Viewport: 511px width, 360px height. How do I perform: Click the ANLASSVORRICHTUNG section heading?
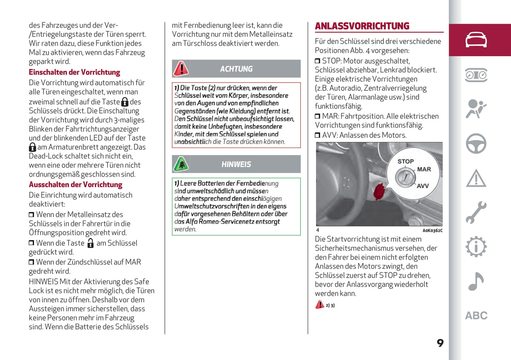pyautogui.click(x=362, y=26)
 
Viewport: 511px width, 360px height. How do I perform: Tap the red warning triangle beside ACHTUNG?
pyautogui.click(x=181, y=69)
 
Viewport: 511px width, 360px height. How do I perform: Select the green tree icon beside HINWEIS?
pyautogui.click(x=181, y=164)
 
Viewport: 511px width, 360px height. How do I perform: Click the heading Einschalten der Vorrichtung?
pyautogui.click(x=74, y=72)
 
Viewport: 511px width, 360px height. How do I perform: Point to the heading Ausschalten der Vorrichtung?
pyautogui.click(x=75, y=184)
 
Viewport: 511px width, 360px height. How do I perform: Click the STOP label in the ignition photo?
pyautogui.click(x=405, y=161)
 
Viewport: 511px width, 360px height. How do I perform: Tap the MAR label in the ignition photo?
pyautogui.click(x=424, y=169)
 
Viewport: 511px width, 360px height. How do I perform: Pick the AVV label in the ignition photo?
pyautogui.click(x=423, y=186)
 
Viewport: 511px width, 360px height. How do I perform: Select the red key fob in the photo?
pyautogui.click(x=379, y=191)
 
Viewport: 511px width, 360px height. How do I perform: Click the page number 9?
pyautogui.click(x=440, y=343)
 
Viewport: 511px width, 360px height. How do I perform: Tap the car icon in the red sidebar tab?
pyautogui.click(x=476, y=40)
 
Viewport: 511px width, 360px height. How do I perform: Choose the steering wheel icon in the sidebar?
pyautogui.click(x=476, y=143)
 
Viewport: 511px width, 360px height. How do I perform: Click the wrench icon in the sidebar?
pyautogui.click(x=476, y=212)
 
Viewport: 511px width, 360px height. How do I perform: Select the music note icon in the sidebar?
pyautogui.click(x=476, y=281)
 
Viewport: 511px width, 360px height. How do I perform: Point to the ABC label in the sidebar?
pyautogui.click(x=476, y=315)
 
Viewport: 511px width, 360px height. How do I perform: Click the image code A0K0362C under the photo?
pyautogui.click(x=432, y=231)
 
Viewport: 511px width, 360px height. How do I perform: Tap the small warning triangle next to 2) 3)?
pyautogui.click(x=319, y=305)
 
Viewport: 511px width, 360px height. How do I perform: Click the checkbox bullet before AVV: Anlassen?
pyautogui.click(x=317, y=135)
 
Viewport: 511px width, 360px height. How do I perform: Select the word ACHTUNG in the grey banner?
pyautogui.click(x=236, y=69)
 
